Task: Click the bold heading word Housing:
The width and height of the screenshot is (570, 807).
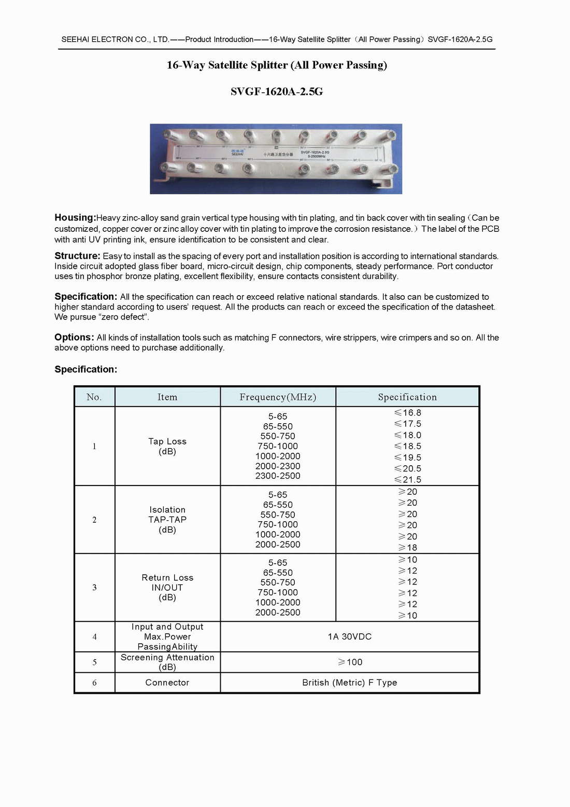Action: coord(75,218)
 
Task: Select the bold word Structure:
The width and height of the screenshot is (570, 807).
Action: coord(77,256)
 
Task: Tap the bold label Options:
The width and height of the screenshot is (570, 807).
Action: coord(74,337)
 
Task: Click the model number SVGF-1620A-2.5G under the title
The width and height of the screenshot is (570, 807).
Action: coord(277,92)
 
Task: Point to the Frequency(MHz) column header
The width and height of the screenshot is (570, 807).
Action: coord(278,397)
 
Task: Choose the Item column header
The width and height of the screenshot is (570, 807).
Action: coord(167,397)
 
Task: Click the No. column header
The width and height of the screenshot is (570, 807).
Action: coord(94,397)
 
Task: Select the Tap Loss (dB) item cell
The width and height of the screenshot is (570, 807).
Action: coord(167,447)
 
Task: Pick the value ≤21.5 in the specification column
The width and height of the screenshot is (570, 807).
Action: coord(408,480)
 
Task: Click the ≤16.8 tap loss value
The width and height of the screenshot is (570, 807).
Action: coord(408,413)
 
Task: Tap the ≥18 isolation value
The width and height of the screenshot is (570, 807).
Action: coord(408,548)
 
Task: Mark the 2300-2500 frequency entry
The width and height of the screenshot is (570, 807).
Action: coord(278,476)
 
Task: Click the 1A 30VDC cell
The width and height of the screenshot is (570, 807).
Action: coord(350,637)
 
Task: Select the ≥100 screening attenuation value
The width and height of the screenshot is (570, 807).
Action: coord(350,662)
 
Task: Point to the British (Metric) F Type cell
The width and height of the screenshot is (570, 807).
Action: coord(350,683)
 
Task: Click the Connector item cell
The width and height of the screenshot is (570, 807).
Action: coord(167,683)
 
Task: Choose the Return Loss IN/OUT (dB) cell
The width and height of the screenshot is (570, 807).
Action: coord(167,588)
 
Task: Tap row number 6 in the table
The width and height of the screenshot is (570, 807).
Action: coord(94,683)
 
